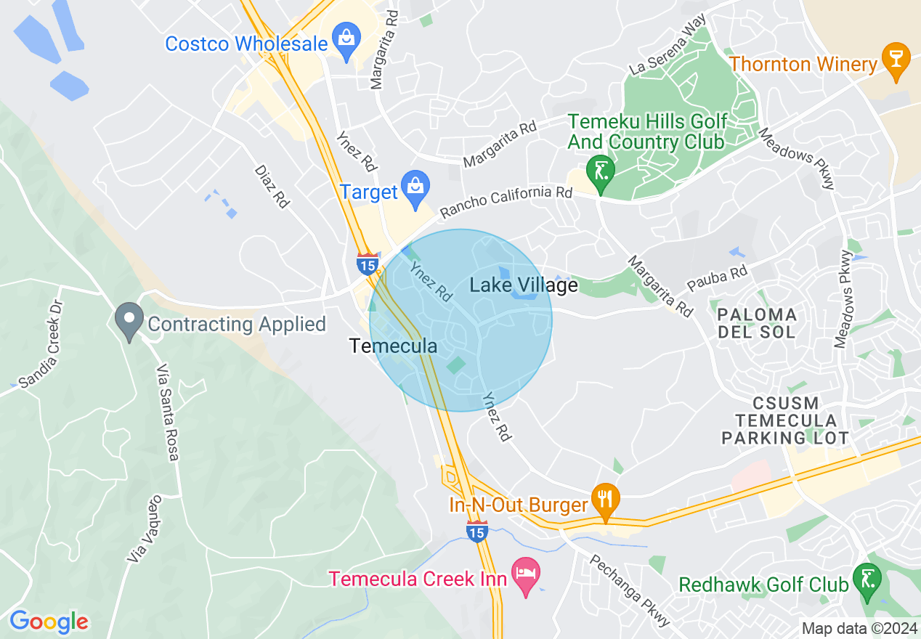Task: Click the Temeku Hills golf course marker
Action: pos(601,172)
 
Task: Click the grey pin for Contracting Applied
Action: pos(129,319)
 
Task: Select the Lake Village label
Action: pos(524,285)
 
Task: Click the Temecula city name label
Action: pos(394,346)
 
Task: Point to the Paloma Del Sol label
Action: pos(757,324)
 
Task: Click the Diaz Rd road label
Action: pos(272,187)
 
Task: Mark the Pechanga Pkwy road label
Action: pos(629,591)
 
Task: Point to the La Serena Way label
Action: pos(668,45)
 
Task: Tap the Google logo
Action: pos(49,622)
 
